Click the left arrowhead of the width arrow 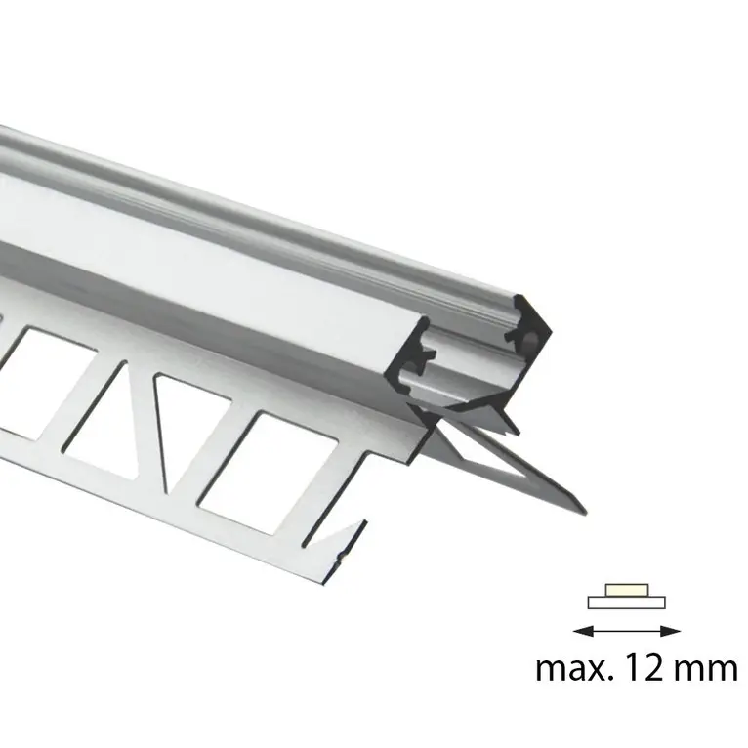pyautogui.click(x=577, y=631)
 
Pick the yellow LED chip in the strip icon pyautogui.click(x=625, y=590)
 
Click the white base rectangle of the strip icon pyautogui.click(x=626, y=603)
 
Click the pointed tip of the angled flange pyautogui.click(x=583, y=510)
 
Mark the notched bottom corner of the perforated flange pyautogui.click(x=343, y=553)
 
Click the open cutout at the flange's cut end pyautogui.click(x=337, y=508)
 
